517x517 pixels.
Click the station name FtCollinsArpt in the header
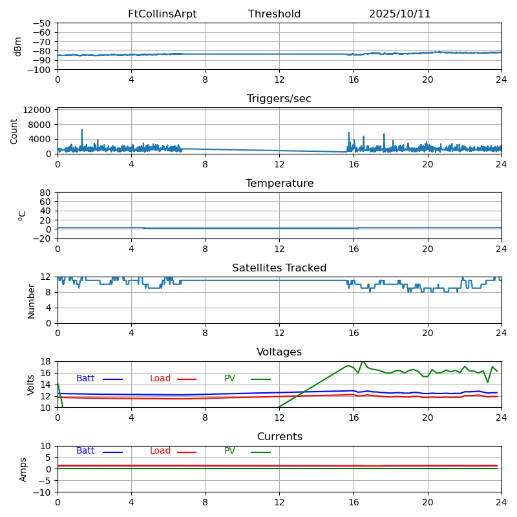point(162,14)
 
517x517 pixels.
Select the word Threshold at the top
point(274,14)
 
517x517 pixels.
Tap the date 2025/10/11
point(399,14)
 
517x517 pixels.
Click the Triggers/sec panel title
point(279,99)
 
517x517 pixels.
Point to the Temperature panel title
point(279,184)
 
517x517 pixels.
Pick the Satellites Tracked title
point(279,268)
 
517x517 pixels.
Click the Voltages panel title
point(279,352)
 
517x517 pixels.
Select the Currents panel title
point(279,437)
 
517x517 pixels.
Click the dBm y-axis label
point(18,47)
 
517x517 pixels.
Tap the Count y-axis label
point(14,131)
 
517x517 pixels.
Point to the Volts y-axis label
point(31,385)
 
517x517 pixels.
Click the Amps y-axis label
point(23,469)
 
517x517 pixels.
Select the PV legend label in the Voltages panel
point(230,379)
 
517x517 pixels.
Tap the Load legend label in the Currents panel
point(160,451)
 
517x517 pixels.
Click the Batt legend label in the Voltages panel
point(85,379)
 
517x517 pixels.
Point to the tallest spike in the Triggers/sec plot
point(82,130)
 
